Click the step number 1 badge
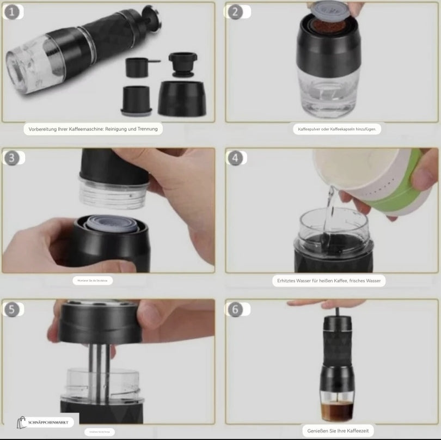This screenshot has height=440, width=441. click(x=13, y=11)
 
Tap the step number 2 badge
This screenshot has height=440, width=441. click(x=235, y=12)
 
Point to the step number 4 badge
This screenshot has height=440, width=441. click(x=235, y=158)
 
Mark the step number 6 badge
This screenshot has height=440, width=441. click(x=235, y=309)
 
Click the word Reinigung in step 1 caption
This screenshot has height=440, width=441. click(x=116, y=129)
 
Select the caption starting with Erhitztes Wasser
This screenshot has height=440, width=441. click(x=329, y=281)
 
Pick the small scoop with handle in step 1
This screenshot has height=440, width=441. click(x=139, y=66)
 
